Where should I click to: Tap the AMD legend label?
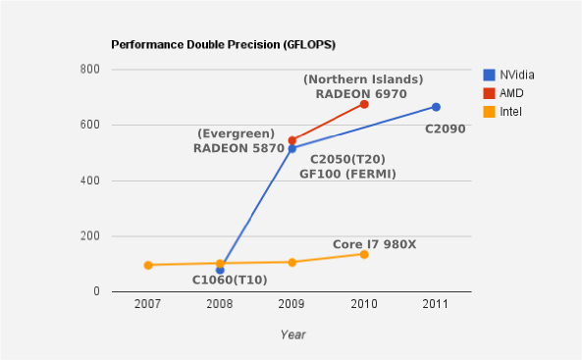[511, 93]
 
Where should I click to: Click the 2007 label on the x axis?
[148, 304]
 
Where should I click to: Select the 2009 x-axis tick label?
[291, 304]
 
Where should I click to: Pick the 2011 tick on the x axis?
[436, 304]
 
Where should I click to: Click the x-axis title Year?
[292, 334]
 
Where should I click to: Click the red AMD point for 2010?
[364, 104]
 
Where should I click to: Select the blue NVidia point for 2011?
[436, 107]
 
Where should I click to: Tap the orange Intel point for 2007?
[148, 265]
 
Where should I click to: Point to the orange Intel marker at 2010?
[364, 254]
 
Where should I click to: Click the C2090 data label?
[445, 128]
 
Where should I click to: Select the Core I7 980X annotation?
[374, 243]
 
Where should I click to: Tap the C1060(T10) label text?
[229, 281]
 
